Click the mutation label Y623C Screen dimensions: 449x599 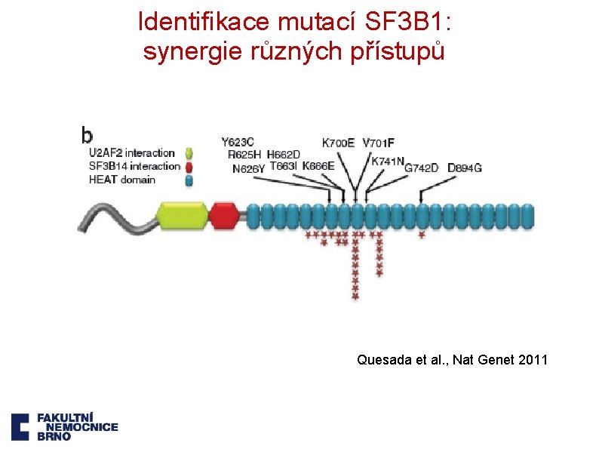237,142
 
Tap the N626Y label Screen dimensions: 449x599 248,169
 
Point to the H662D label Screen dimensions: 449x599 284,155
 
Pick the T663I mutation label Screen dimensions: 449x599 284,166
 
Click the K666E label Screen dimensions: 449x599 318,166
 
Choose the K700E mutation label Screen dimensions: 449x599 338,143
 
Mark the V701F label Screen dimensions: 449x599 379,143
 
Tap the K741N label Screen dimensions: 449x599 388,160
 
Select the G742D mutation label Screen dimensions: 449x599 421,168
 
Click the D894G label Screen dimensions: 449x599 464,168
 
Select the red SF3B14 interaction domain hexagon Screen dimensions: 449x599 223,215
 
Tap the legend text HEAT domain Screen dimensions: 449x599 122,180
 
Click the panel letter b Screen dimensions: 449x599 88,135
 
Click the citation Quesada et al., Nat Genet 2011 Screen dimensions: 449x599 452,360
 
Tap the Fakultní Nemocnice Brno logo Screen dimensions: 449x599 64,426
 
